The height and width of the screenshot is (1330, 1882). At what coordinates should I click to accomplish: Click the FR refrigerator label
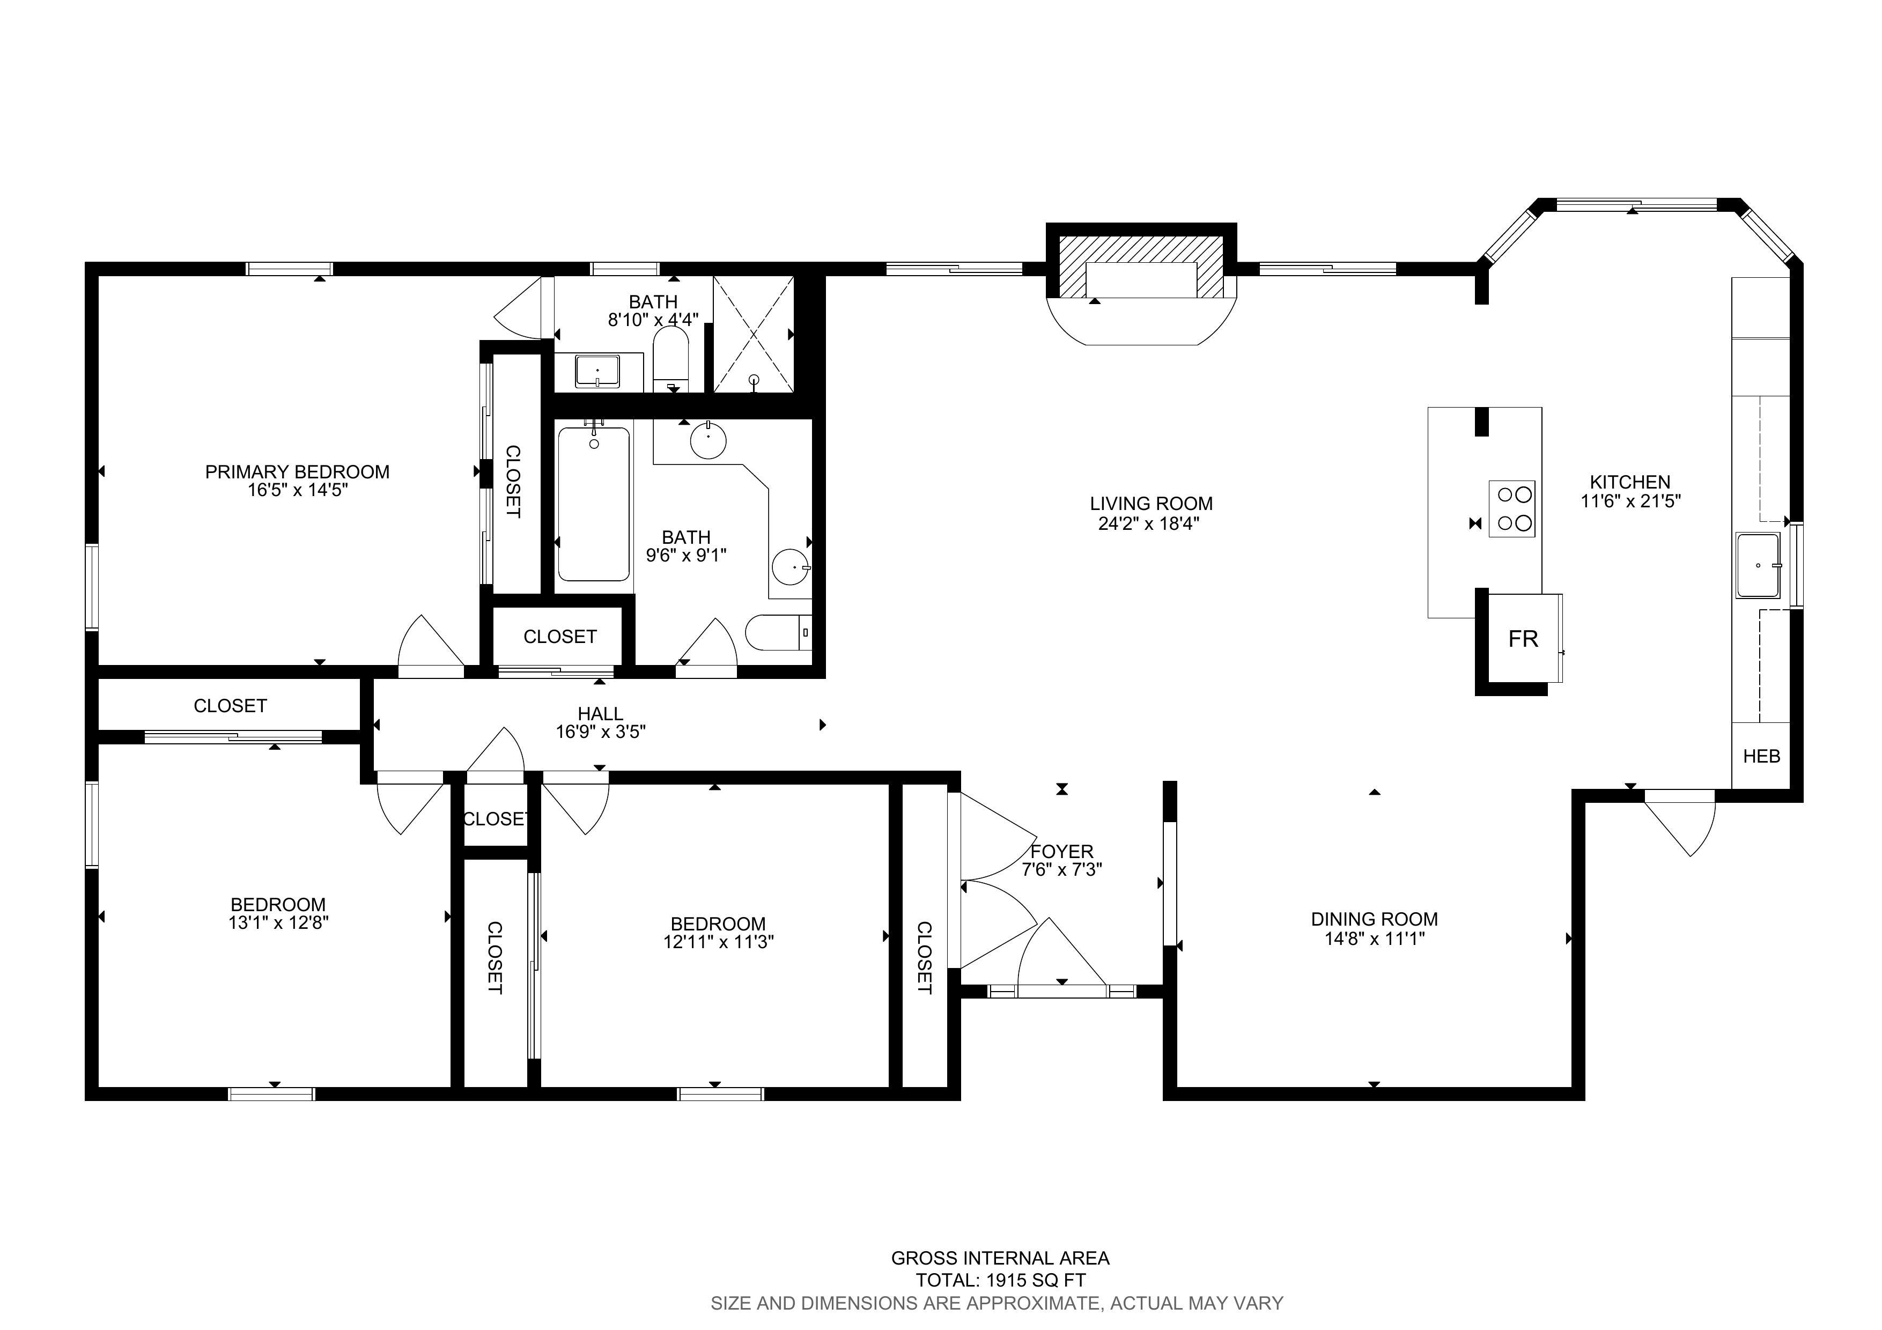[1523, 639]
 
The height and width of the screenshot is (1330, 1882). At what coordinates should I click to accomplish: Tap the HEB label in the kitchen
[1761, 756]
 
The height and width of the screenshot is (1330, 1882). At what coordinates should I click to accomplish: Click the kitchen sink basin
[1758, 565]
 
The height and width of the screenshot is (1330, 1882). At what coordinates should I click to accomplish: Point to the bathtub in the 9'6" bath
[593, 504]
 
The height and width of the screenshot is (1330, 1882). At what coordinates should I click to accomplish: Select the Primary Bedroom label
[297, 472]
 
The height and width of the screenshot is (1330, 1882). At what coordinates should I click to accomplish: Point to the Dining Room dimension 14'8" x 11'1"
[1375, 939]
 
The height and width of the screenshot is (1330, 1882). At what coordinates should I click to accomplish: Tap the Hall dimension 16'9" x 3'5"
[601, 732]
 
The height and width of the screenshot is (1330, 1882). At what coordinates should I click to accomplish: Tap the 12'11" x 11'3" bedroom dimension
[719, 942]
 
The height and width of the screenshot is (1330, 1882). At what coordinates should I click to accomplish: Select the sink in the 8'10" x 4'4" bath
[597, 371]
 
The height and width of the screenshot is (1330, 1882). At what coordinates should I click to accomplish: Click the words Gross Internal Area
[1000, 1258]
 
